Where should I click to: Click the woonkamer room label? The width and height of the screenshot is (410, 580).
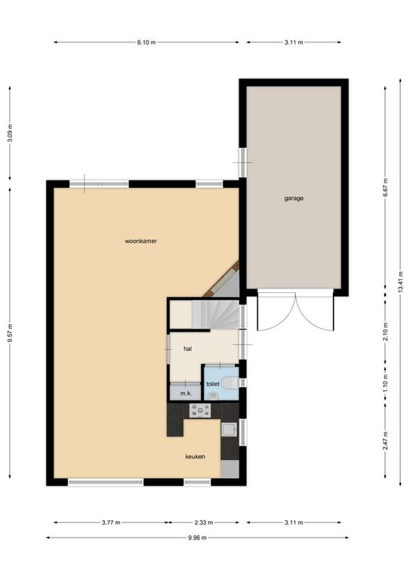[x=141, y=241]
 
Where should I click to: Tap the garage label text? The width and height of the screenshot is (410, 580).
[x=294, y=199]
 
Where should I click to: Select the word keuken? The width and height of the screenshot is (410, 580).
[x=196, y=456]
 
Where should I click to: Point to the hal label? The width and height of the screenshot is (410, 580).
[x=188, y=348]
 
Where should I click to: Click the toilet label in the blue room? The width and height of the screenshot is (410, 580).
[x=213, y=384]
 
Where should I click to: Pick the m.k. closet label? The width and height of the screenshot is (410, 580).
[x=186, y=393]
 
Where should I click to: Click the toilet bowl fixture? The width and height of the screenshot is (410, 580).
[x=232, y=382]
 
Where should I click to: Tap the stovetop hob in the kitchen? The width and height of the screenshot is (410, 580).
[x=200, y=410]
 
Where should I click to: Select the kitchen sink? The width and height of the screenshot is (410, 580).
[x=229, y=430]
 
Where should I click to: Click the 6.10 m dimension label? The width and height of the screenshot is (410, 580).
[x=146, y=42]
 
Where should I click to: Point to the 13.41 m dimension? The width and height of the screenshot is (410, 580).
[x=400, y=282]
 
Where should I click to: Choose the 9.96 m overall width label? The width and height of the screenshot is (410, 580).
[x=197, y=538]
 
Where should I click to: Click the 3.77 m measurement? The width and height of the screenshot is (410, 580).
[x=111, y=523]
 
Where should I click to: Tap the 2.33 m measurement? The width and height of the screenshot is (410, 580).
[x=204, y=523]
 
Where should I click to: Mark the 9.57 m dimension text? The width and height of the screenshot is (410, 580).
[x=10, y=333]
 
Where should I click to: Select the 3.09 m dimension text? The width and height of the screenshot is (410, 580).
[x=10, y=133]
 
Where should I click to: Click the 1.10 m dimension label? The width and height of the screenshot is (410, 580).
[x=385, y=387]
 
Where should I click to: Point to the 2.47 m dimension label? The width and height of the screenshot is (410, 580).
[x=385, y=440]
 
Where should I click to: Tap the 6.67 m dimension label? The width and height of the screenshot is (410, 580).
[x=385, y=187]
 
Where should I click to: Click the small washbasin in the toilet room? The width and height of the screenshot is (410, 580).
[x=213, y=396]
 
